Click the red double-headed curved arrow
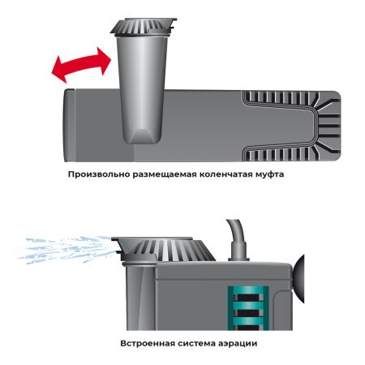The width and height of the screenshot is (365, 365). tap(79, 64)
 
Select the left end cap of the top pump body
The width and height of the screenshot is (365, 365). tap(71, 122)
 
